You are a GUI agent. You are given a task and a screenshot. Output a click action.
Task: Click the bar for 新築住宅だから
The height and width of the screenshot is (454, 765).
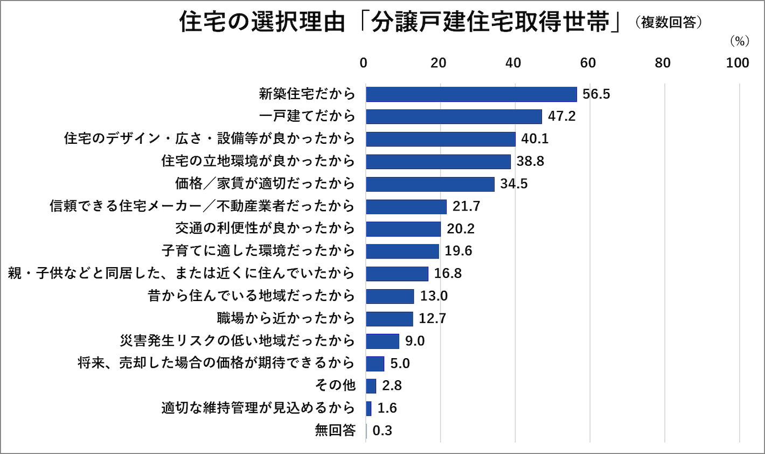pos(471,94)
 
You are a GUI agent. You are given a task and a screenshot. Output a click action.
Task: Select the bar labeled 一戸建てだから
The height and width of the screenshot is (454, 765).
pos(454,116)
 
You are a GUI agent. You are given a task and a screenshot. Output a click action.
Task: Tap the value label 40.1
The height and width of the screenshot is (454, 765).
pos(535,139)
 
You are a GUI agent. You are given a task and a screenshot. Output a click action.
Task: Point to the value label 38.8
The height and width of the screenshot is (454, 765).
pos(530,162)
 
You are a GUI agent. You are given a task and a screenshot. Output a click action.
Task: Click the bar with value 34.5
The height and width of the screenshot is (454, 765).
pos(430,184)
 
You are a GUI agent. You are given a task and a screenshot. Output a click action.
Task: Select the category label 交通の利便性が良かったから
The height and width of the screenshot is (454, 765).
pos(265,228)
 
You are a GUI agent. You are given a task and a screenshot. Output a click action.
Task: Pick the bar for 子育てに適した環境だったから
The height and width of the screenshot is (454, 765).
pos(402,251)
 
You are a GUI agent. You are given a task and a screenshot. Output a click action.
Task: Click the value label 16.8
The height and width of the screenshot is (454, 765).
pos(448,274)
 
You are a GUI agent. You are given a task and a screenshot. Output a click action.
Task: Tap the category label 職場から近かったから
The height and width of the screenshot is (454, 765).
pos(286,318)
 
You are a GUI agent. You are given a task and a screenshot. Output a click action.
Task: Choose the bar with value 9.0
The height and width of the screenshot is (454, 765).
pos(382,341)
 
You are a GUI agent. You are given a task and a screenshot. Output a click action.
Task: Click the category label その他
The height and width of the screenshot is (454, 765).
pos(335,385)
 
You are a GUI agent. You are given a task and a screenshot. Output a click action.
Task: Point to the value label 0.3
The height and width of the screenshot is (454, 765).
pos(382,431)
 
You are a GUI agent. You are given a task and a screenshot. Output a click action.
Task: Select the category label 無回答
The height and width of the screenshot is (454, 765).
pos(335,431)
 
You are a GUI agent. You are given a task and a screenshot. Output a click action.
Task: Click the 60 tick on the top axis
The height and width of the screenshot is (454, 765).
pos(588,63)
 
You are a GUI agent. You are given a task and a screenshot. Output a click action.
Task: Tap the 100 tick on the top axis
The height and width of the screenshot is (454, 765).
pos(737,63)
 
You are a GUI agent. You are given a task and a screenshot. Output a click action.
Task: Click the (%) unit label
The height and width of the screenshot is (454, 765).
pos(740,41)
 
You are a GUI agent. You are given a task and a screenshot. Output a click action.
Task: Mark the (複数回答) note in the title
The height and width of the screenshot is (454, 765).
pos(669,23)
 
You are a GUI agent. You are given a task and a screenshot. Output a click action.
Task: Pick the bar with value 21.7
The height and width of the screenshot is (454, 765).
pos(406,206)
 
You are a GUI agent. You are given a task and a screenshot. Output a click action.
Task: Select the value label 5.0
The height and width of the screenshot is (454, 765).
pos(400,364)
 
